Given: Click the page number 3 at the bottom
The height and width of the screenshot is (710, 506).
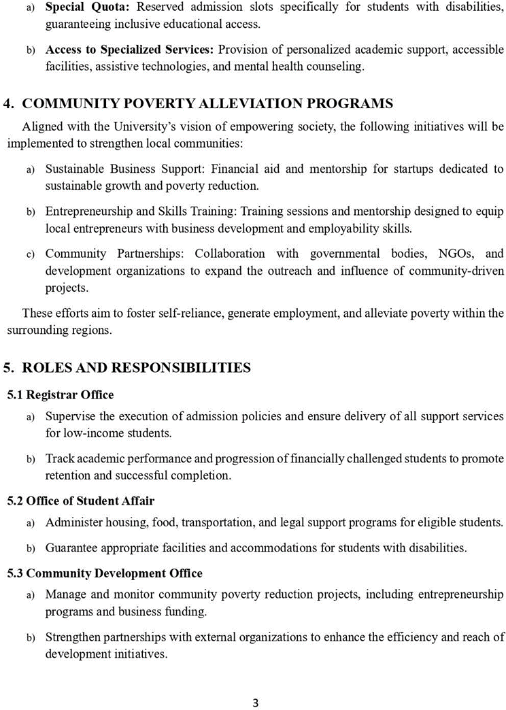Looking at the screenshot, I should click(x=255, y=703).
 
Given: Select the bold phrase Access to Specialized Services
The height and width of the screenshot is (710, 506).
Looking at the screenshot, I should click(x=129, y=50).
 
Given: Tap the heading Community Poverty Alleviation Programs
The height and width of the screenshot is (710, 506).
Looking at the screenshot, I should click(x=207, y=104).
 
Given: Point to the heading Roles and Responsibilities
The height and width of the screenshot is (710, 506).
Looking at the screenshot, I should click(x=136, y=368).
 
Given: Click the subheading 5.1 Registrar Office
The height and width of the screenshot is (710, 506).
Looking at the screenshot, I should click(x=61, y=394).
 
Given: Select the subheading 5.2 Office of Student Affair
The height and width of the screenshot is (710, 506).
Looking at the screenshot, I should click(x=81, y=501).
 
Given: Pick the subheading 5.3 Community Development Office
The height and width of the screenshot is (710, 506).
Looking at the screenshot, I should click(x=105, y=573).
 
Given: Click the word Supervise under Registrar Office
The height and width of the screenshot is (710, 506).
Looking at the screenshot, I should click(x=69, y=416).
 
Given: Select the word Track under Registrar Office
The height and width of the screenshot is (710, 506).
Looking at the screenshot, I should click(x=59, y=459).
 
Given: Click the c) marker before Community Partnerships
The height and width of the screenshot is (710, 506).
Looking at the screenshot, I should click(x=31, y=254).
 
